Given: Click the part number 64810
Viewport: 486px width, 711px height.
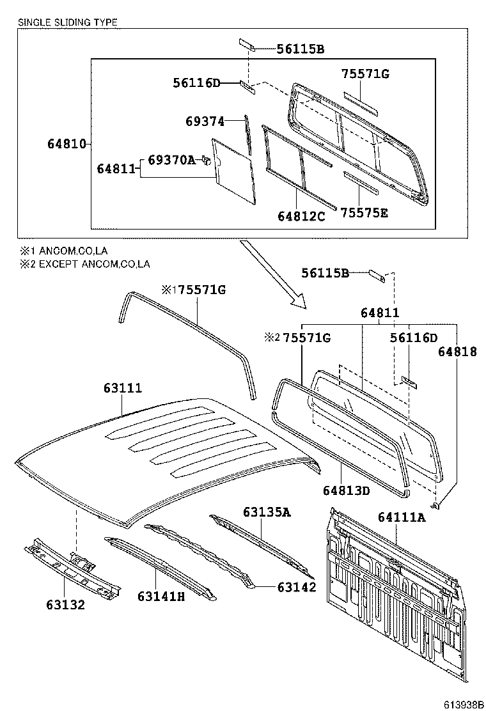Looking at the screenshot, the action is tap(67, 144).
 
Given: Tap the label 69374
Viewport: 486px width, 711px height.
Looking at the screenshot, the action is tap(205, 121).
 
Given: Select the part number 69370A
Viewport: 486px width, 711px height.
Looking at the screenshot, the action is tap(172, 160).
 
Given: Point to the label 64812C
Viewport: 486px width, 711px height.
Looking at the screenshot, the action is tap(301, 216).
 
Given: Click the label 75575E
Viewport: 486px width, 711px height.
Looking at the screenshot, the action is tap(364, 213).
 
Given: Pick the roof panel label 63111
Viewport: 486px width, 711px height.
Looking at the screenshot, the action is tap(122, 387).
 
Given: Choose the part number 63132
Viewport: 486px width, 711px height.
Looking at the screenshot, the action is tap(65, 604).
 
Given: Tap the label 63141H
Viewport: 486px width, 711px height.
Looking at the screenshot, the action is tap(161, 597).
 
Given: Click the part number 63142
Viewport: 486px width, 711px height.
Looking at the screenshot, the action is tap(297, 587).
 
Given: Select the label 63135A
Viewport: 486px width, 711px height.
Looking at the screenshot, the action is tap(267, 512).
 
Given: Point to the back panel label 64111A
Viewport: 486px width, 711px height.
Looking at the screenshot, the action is tap(402, 517).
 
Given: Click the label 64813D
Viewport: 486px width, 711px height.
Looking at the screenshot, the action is tap(347, 490).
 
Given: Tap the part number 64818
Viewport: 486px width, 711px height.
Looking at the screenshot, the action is tap(457, 352).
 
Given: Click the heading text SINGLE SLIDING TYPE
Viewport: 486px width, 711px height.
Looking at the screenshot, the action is tap(68, 22).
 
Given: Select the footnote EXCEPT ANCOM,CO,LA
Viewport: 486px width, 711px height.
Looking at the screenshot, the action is tap(94, 264).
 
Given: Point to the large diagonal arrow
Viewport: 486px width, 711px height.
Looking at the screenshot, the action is tap(273, 274).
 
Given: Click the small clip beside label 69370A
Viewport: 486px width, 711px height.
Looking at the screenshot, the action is tap(207, 160).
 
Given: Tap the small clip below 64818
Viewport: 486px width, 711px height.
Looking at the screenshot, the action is tap(435, 504).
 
